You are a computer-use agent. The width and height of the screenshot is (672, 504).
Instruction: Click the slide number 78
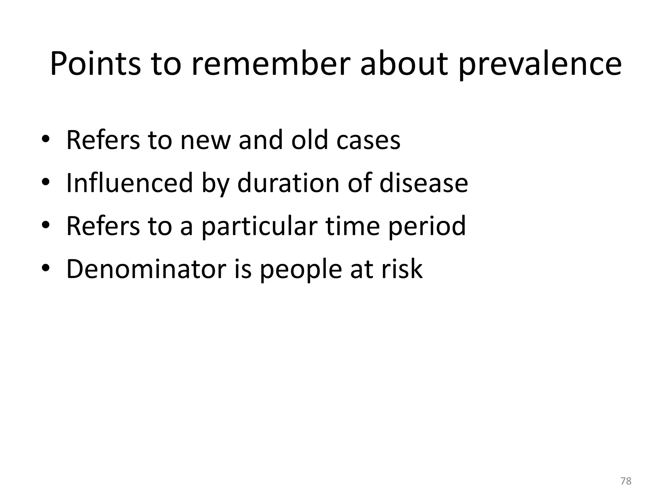click(626, 481)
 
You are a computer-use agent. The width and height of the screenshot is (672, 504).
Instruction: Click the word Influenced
click(129, 183)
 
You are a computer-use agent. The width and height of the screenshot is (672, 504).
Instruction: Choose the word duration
click(288, 183)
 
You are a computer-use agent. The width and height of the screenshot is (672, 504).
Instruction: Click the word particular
click(259, 227)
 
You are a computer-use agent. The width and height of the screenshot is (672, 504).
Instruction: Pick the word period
click(427, 227)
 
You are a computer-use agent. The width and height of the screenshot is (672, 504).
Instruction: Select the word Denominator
click(146, 269)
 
